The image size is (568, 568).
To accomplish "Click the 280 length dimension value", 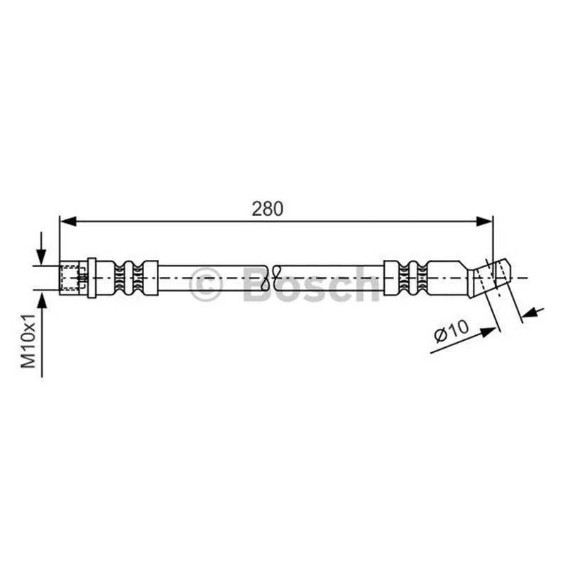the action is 268,209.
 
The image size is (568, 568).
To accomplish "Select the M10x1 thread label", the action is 28,341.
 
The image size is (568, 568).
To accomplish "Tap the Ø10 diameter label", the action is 451,331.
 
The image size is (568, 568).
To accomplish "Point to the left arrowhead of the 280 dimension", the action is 67,221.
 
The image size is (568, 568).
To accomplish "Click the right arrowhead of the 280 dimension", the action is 485,221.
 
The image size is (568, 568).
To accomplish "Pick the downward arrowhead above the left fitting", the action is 42,258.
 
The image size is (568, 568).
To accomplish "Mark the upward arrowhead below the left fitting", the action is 42,298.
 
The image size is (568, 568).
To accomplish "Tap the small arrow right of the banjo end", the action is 532,312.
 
